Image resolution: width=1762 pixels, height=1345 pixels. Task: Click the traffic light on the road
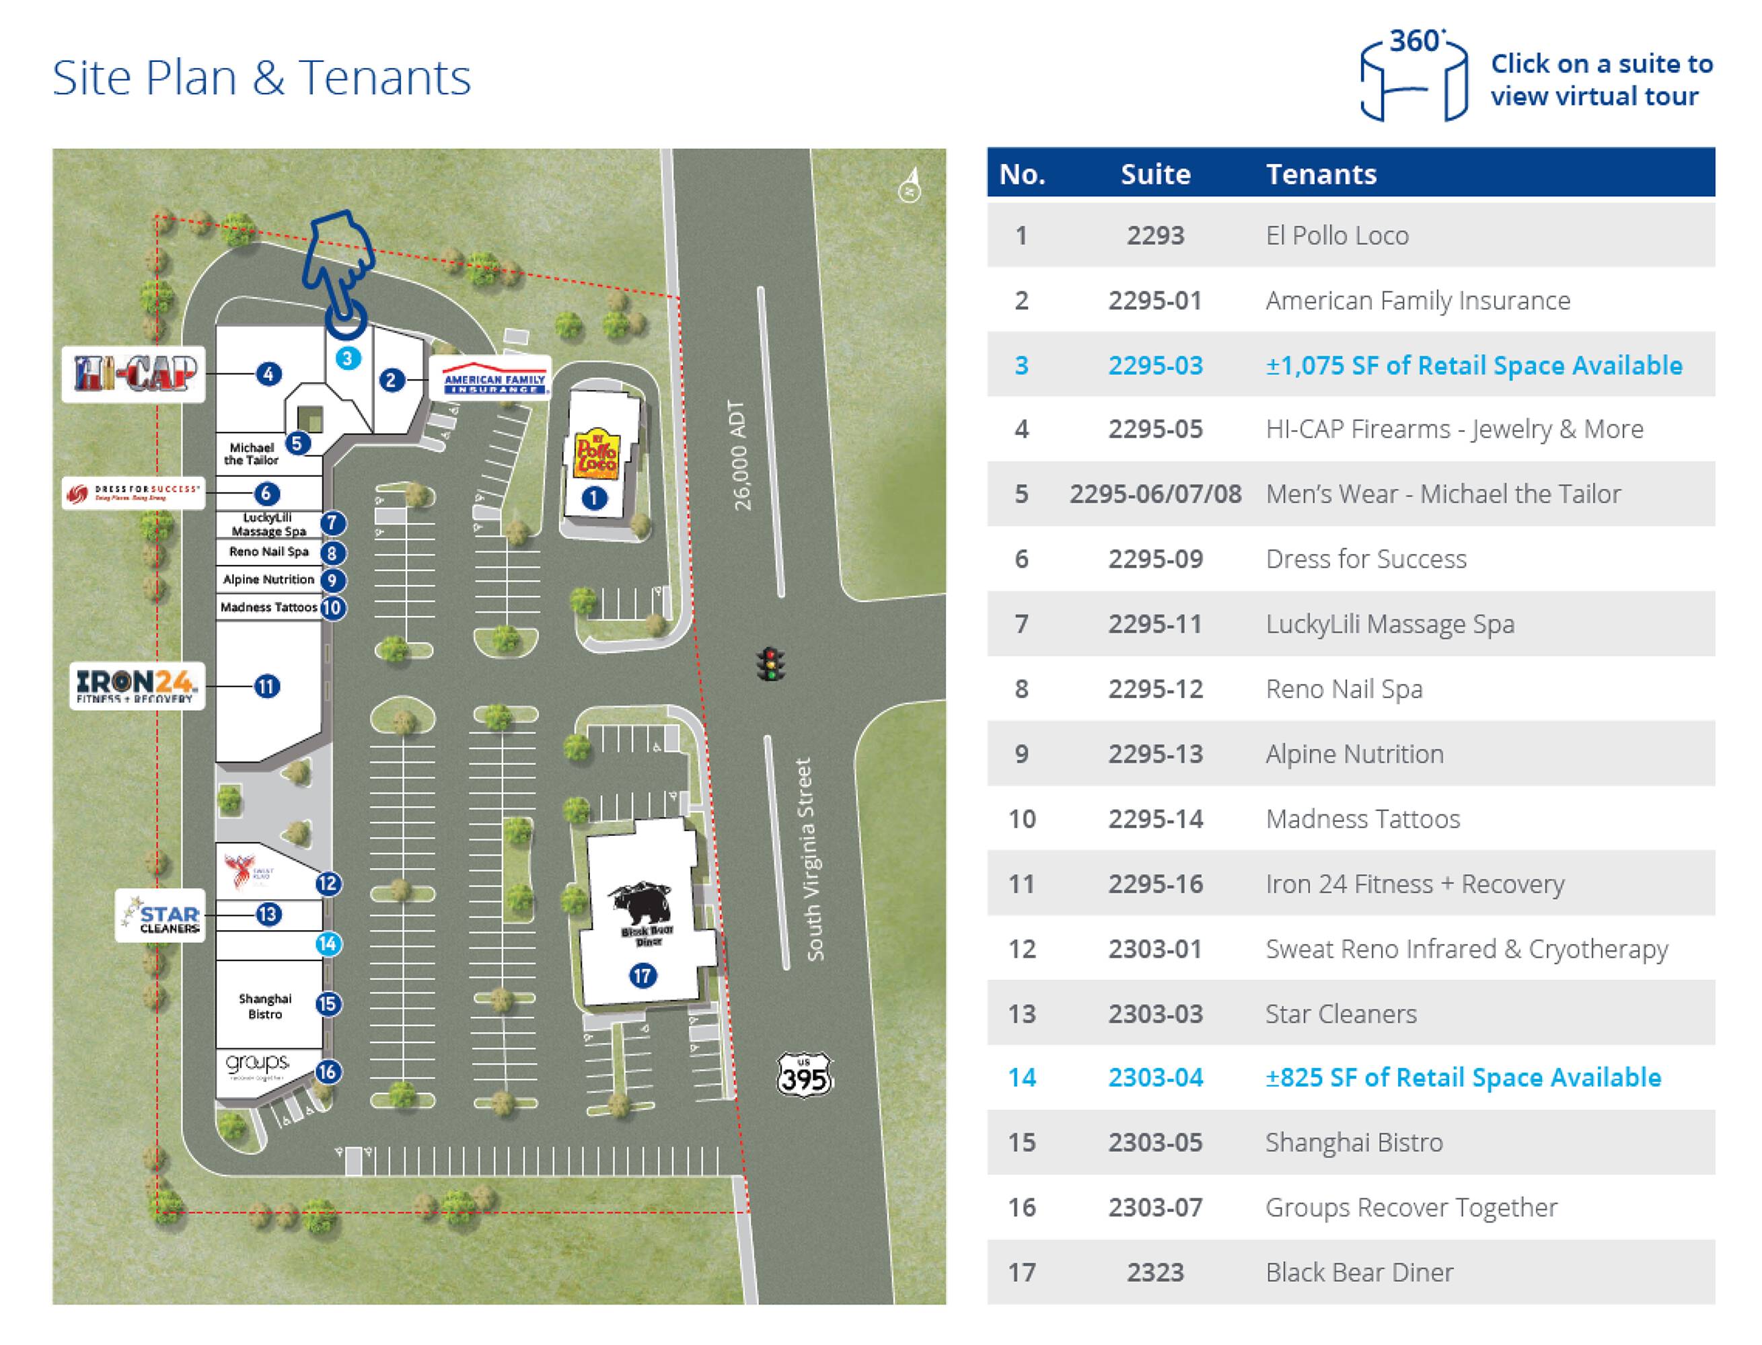[x=770, y=664]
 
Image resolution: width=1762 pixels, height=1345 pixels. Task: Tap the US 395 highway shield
[x=804, y=1075]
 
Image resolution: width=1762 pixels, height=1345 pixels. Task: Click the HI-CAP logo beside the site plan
[x=134, y=374]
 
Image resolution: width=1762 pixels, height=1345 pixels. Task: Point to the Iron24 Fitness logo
[x=136, y=686]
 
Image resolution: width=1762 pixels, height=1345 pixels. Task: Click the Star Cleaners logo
[x=160, y=915]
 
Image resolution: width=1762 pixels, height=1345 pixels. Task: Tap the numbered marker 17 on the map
[x=643, y=975]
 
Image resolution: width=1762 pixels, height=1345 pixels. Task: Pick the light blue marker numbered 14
[x=328, y=944]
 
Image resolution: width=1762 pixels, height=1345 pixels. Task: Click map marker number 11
[x=266, y=686]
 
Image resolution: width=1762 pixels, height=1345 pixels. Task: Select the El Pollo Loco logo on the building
[x=596, y=455]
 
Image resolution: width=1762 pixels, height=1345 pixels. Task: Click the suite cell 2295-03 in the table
[x=1155, y=365]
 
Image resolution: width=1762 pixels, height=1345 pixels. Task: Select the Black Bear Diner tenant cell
[x=1359, y=1272]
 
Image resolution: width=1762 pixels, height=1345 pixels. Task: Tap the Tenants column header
[x=1321, y=174]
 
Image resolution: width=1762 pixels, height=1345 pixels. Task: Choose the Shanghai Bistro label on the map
[x=265, y=1006]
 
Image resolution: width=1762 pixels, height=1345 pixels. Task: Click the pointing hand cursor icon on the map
[x=340, y=268]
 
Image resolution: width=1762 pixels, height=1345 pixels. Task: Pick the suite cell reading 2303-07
[x=1155, y=1207]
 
